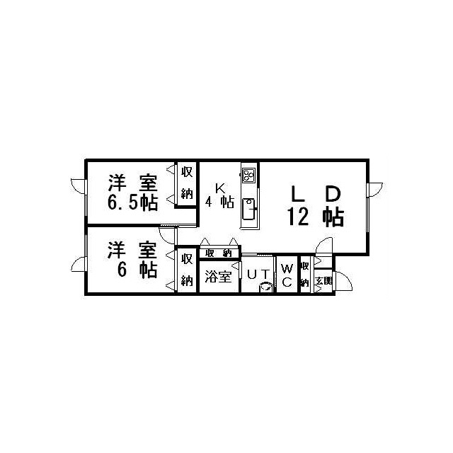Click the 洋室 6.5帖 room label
[x=133, y=193]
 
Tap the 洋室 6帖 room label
[x=132, y=260]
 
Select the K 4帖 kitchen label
[x=220, y=195]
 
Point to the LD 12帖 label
[x=316, y=206]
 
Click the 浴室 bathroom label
[x=219, y=276]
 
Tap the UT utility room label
[x=258, y=275]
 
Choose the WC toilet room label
[x=287, y=275]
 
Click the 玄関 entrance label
[x=324, y=280]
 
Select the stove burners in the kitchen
[x=249, y=175]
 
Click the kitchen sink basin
[x=248, y=209]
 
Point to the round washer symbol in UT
[x=266, y=287]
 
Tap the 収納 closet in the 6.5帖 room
[x=187, y=183]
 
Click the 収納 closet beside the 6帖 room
[x=187, y=270]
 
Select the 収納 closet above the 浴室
[x=219, y=253]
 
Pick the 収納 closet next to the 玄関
[x=305, y=275]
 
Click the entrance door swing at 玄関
[x=343, y=281]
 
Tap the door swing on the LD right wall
[x=375, y=190]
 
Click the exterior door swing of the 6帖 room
[x=79, y=264]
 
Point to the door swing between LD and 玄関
[x=324, y=246]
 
